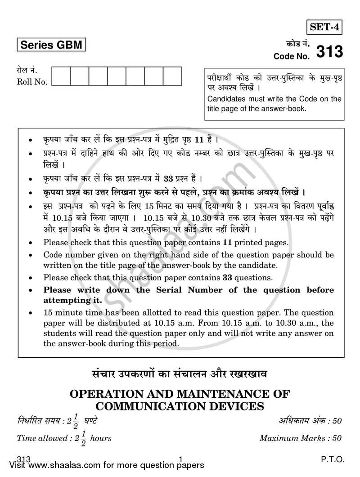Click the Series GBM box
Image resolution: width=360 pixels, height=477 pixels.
point(50,45)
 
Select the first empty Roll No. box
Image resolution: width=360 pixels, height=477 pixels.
point(61,76)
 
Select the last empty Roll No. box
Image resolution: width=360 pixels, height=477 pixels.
point(172,76)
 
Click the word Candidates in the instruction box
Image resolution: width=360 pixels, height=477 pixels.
point(228,99)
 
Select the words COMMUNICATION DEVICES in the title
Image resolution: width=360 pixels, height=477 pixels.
point(180,406)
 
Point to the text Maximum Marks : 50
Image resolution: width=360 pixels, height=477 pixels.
point(301,437)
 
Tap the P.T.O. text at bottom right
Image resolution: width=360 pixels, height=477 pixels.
point(333,460)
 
